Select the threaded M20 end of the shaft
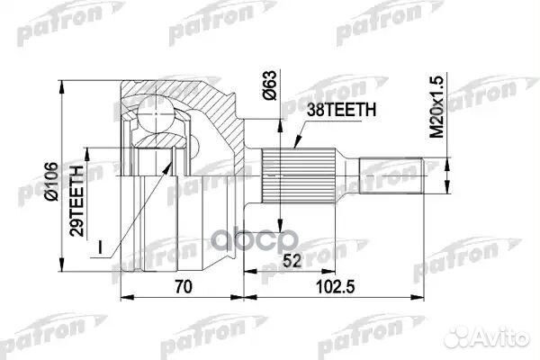point(391,175)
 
